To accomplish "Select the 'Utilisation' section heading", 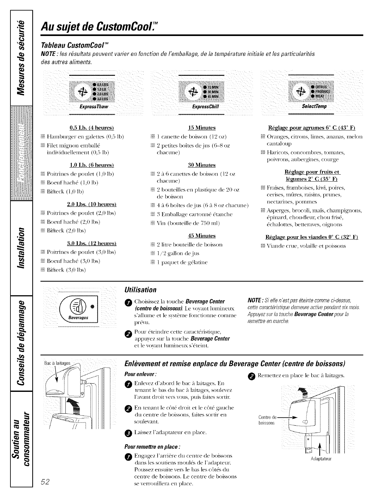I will [141, 290].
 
